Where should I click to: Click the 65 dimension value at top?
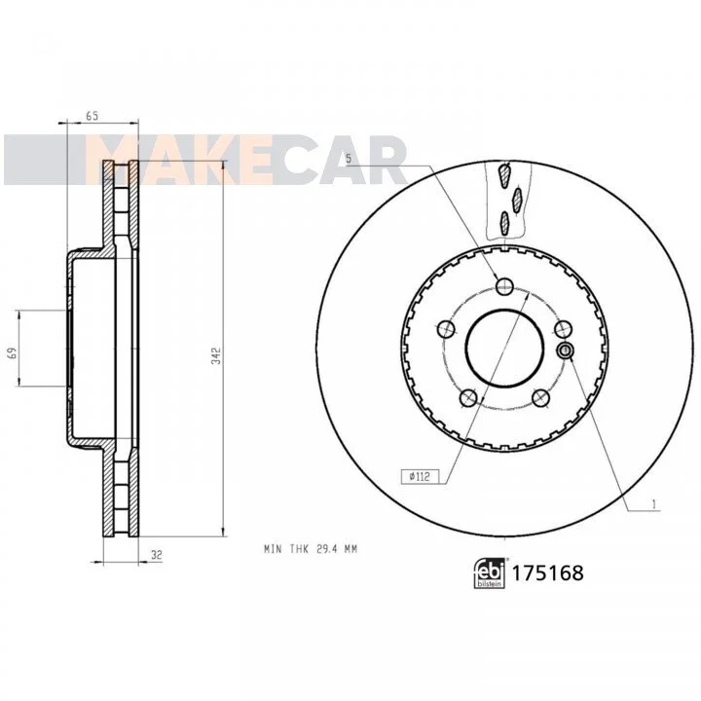pos(92,116)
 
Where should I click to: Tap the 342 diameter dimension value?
pos(216,356)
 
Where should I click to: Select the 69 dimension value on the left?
pos(14,352)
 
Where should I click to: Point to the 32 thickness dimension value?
pos(157,555)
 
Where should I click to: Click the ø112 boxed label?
pos(421,476)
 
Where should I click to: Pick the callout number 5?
pos(349,159)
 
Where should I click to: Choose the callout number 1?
pos(653,505)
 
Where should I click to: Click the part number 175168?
pos(547,572)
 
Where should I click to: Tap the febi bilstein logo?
pos(489,572)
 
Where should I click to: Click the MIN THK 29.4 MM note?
pos(311,549)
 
